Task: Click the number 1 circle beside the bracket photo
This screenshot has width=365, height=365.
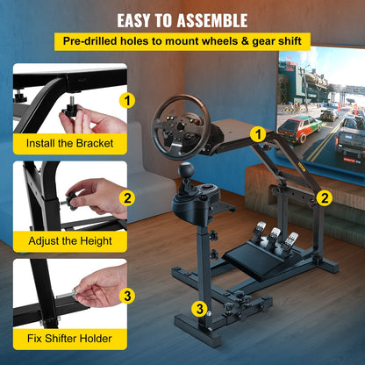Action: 128,100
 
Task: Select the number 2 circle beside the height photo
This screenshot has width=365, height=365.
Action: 128,198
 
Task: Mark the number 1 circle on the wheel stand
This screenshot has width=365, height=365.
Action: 256,133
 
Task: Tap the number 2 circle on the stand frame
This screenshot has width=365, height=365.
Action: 324,197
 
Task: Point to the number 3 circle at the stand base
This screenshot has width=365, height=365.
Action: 201,307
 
